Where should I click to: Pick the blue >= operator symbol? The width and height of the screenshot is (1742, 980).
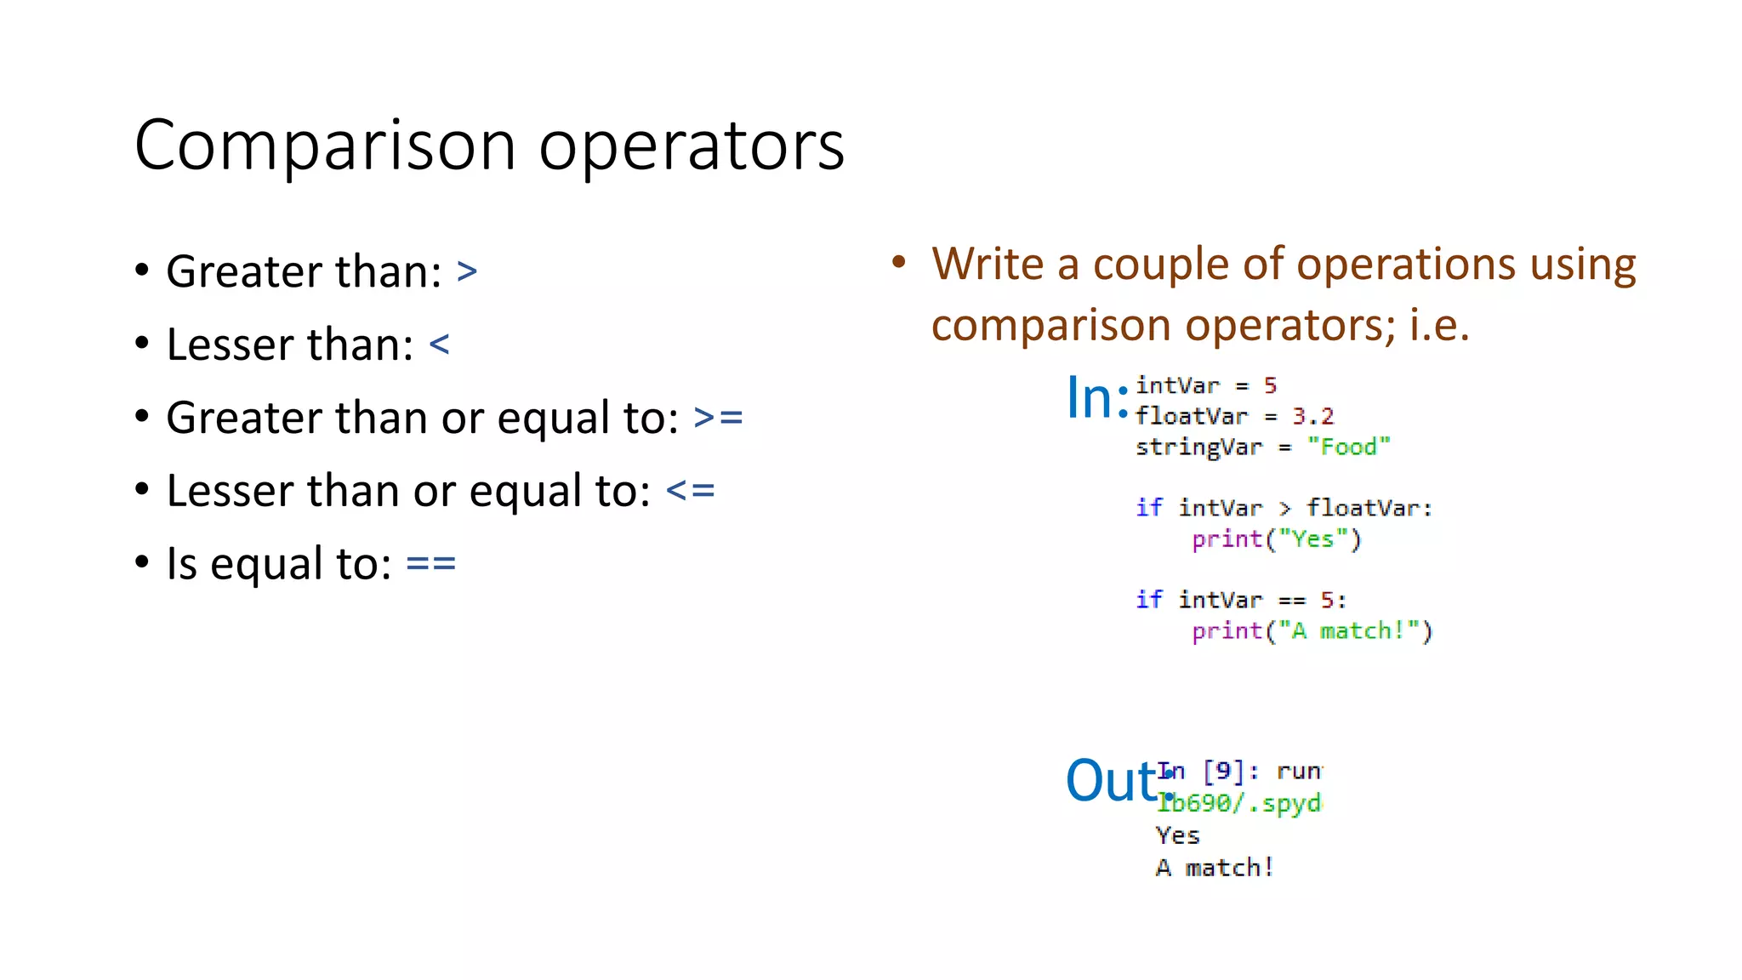click(718, 418)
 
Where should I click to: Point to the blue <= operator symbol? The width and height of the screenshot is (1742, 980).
click(690, 491)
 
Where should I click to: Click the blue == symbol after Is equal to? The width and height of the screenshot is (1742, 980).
click(430, 564)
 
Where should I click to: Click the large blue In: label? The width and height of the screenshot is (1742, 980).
click(1096, 397)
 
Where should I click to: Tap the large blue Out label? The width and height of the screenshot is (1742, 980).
click(1111, 780)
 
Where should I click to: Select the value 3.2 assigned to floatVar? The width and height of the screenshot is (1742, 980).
click(1312, 416)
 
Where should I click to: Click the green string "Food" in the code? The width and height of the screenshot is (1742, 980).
click(1348, 447)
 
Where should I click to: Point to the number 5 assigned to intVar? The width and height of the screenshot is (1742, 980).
click(1270, 385)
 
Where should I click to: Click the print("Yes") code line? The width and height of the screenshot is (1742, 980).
click(1276, 539)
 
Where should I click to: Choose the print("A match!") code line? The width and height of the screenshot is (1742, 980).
click(1312, 631)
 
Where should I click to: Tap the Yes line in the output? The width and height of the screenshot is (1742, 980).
click(1177, 835)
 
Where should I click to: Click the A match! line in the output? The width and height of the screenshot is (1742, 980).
click(1214, 868)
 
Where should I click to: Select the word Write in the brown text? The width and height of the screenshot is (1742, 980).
click(987, 264)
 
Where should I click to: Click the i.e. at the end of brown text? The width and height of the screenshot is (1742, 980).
click(1438, 325)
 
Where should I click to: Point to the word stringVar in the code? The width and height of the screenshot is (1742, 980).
click(1198, 447)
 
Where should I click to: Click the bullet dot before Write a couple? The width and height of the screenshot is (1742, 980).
click(899, 261)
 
